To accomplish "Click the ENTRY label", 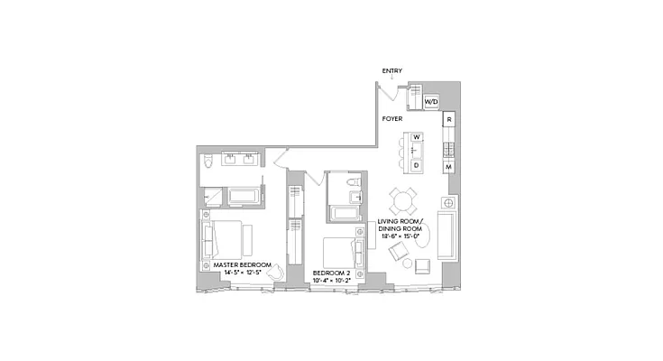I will click(x=391, y=71).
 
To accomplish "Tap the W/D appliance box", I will click(x=430, y=102).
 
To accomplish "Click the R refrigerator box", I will click(x=448, y=119).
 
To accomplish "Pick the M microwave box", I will click(x=448, y=167).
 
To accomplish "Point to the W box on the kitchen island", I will click(x=417, y=137).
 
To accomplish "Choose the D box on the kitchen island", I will click(x=417, y=165).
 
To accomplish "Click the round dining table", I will click(x=403, y=199).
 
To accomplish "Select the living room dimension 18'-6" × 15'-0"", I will click(x=401, y=237).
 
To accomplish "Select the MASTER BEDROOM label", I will click(x=242, y=265).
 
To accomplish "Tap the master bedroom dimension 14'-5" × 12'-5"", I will click(x=242, y=273).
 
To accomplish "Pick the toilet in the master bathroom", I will click(x=208, y=162).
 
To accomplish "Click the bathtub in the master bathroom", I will click(x=244, y=197).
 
